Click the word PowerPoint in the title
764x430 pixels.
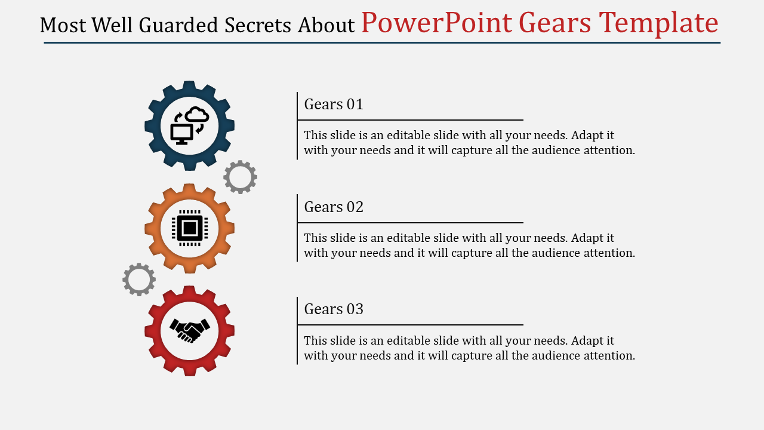coord(436,23)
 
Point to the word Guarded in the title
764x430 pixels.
coord(178,25)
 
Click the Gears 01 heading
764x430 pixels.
coord(334,104)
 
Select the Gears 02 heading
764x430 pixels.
coord(334,207)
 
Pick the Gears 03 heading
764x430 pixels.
coord(334,309)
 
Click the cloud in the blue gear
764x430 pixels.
coord(197,114)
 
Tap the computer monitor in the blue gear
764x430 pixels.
coord(182,134)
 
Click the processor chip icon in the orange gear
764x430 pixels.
coord(190,228)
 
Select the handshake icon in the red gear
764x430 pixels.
coord(190,331)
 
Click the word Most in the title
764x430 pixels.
coord(63,25)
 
